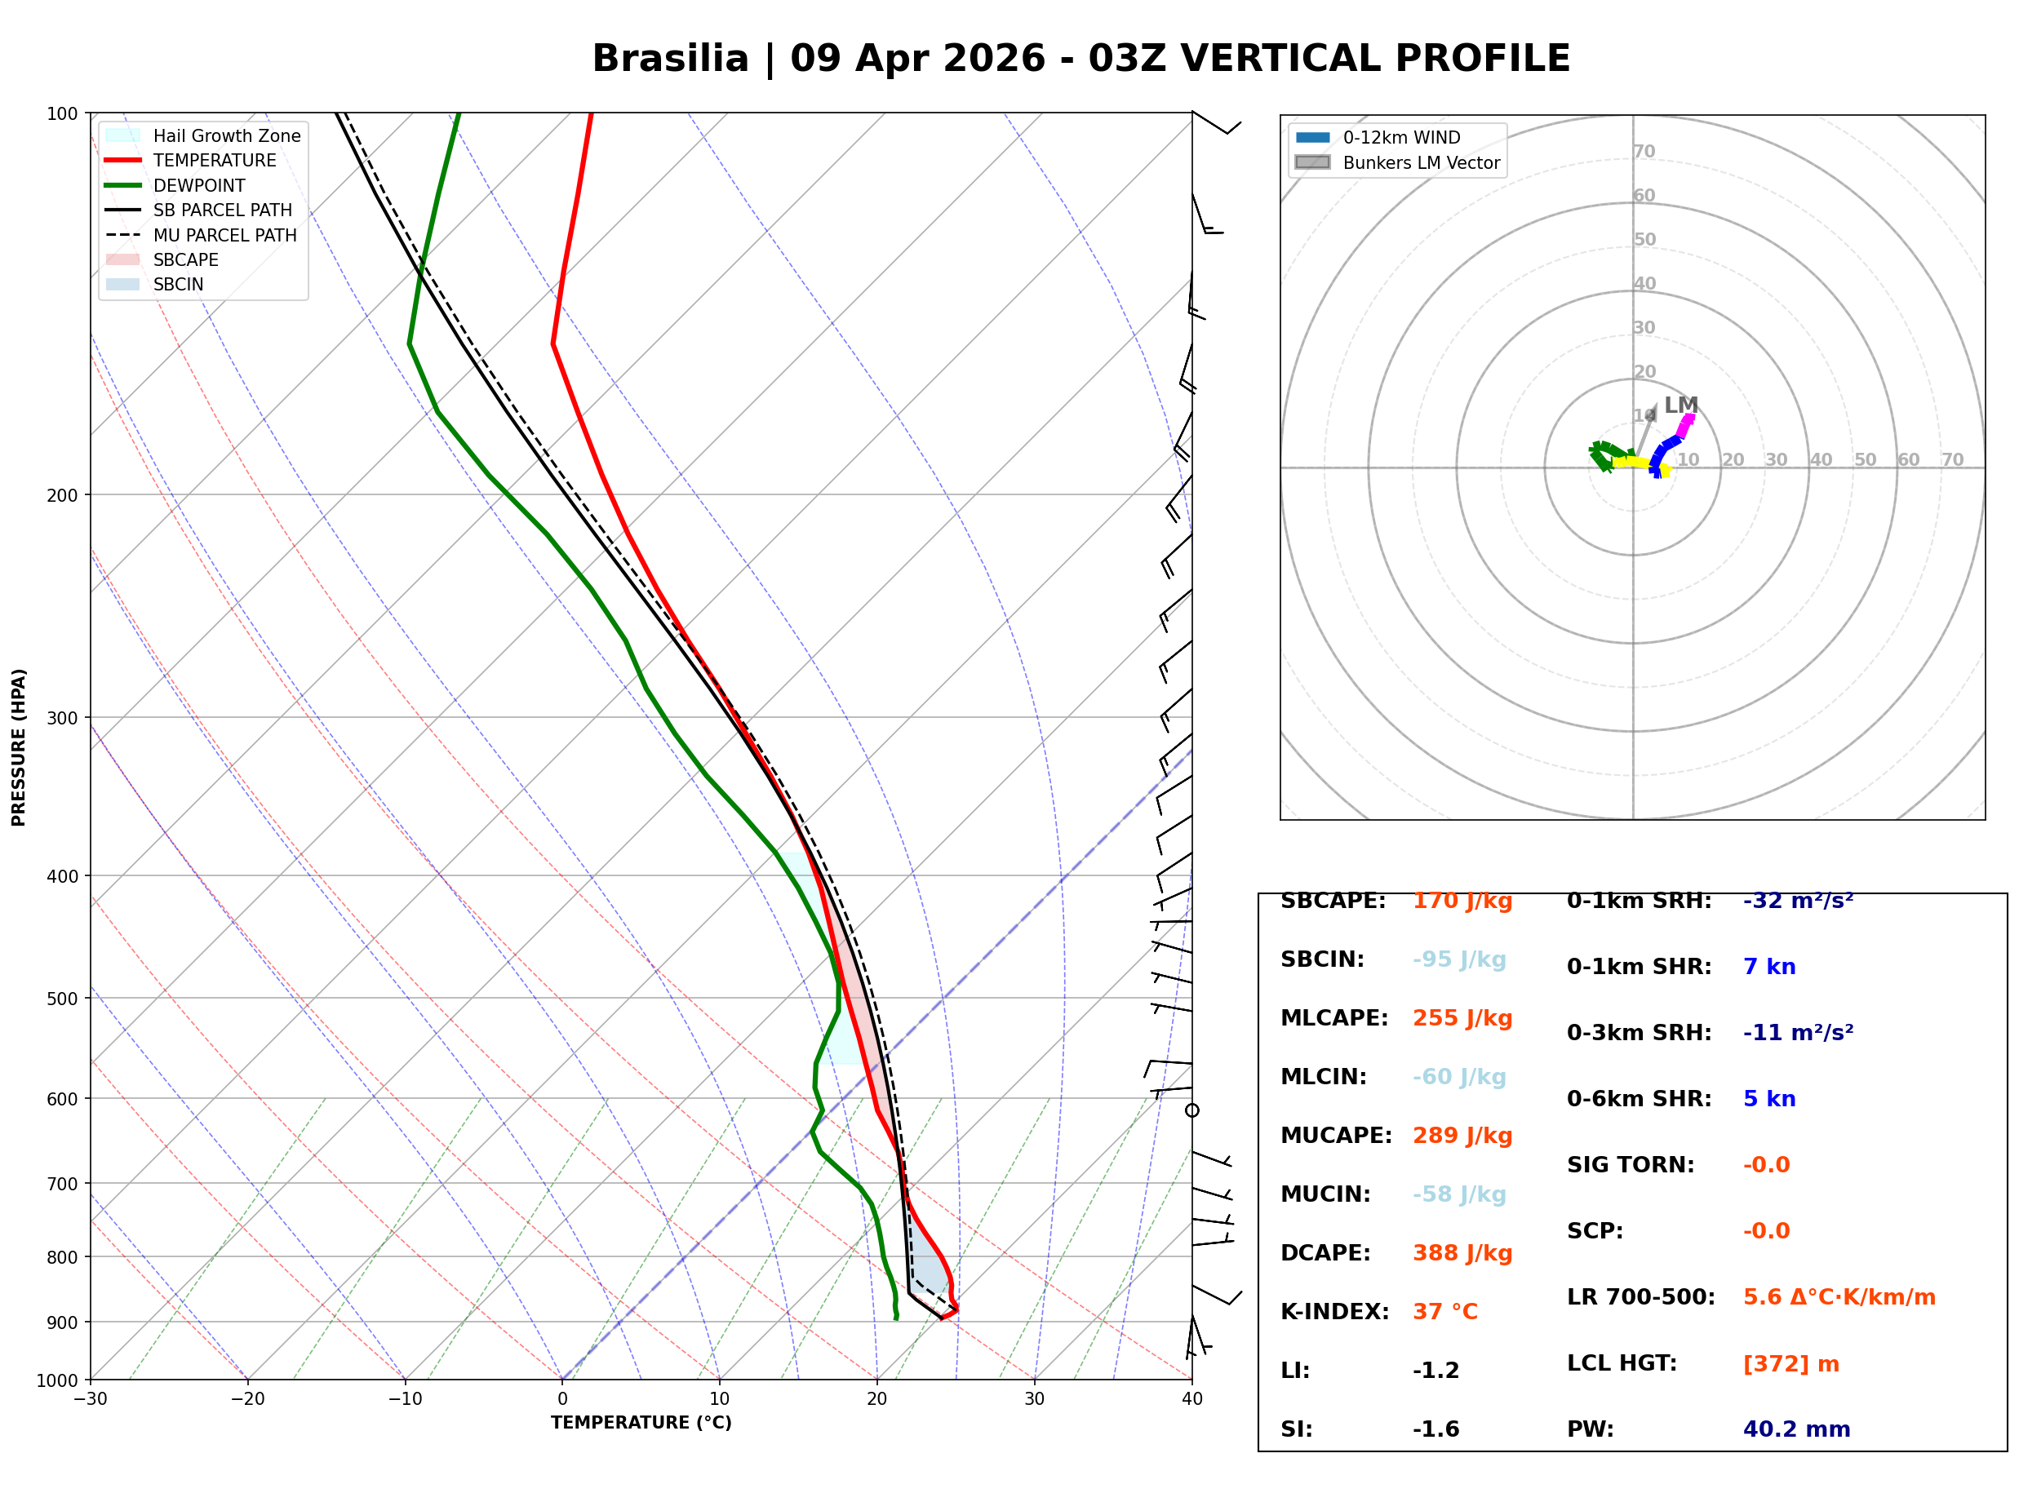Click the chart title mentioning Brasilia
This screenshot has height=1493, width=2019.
click(x=1080, y=59)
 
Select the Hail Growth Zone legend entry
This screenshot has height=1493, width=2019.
click(x=226, y=135)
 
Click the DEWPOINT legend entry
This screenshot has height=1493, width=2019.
click(x=199, y=185)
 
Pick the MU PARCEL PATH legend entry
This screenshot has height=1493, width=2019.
click(x=224, y=235)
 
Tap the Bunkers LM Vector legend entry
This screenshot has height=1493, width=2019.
click(x=1420, y=162)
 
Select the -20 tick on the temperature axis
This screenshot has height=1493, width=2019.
click(x=246, y=1399)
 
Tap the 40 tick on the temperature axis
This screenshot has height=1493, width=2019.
click(x=1191, y=1399)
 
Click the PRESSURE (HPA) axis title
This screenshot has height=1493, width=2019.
click(x=19, y=746)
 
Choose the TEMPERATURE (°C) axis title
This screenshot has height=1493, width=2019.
click(x=641, y=1423)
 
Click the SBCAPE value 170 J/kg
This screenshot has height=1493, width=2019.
click(x=1462, y=901)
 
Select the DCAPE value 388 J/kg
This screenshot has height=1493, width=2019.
click(x=1462, y=1252)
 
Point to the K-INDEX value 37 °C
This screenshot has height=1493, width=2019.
click(x=1444, y=1311)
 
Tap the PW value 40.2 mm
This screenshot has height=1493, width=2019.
click(x=1795, y=1429)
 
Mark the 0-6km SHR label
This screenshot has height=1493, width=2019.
click(x=1639, y=1098)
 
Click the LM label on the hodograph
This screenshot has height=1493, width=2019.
click(x=1680, y=405)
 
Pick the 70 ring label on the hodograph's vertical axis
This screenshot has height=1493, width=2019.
click(x=1644, y=151)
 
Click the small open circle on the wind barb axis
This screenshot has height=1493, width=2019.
click(x=1192, y=1110)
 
